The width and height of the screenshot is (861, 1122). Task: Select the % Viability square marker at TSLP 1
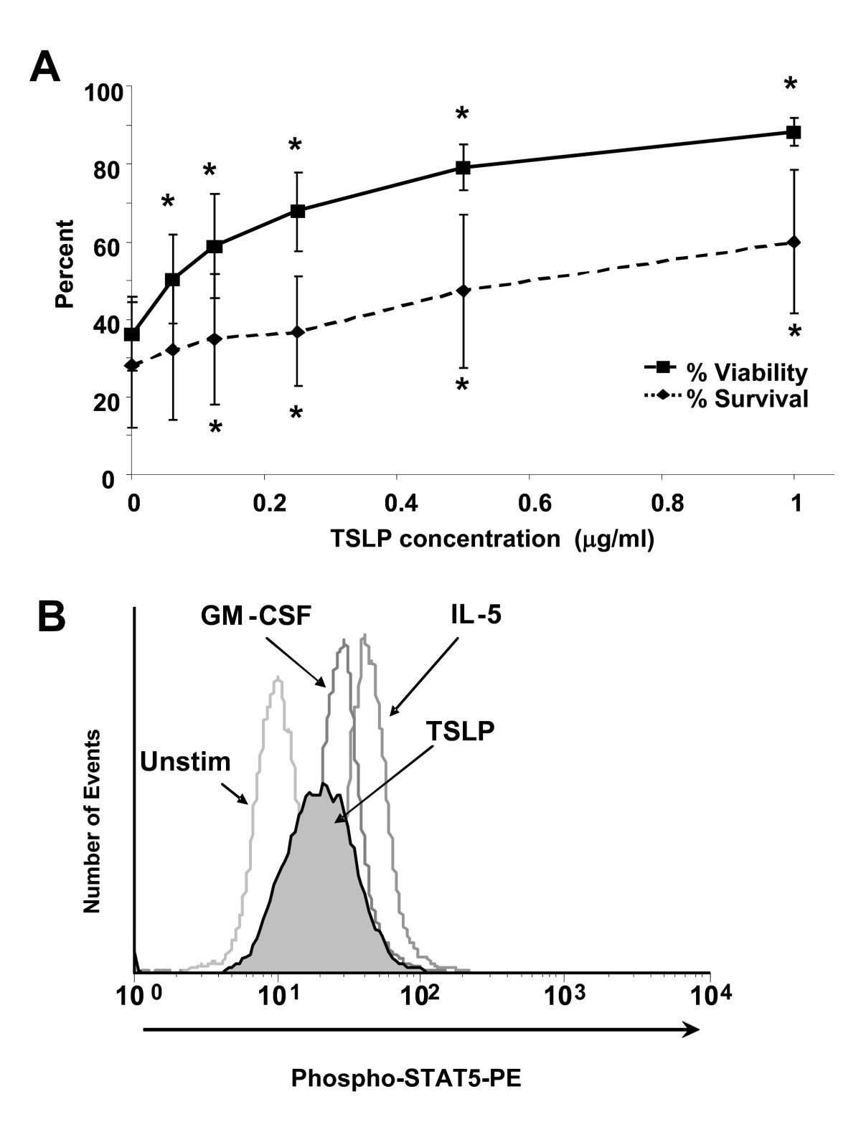point(794,133)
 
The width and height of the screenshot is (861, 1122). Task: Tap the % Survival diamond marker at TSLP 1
point(794,242)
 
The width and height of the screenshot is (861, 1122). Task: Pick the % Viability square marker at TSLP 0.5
point(463,168)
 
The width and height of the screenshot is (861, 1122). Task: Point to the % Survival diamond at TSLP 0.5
point(463,291)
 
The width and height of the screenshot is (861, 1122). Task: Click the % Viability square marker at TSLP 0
point(131,334)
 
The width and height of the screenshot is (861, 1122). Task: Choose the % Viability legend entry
point(725,372)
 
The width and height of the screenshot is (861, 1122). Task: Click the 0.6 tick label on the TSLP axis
point(529,504)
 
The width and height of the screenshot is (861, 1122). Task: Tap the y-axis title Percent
point(65,263)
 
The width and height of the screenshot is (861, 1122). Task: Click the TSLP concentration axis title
point(492,539)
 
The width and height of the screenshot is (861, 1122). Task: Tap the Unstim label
point(185,761)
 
